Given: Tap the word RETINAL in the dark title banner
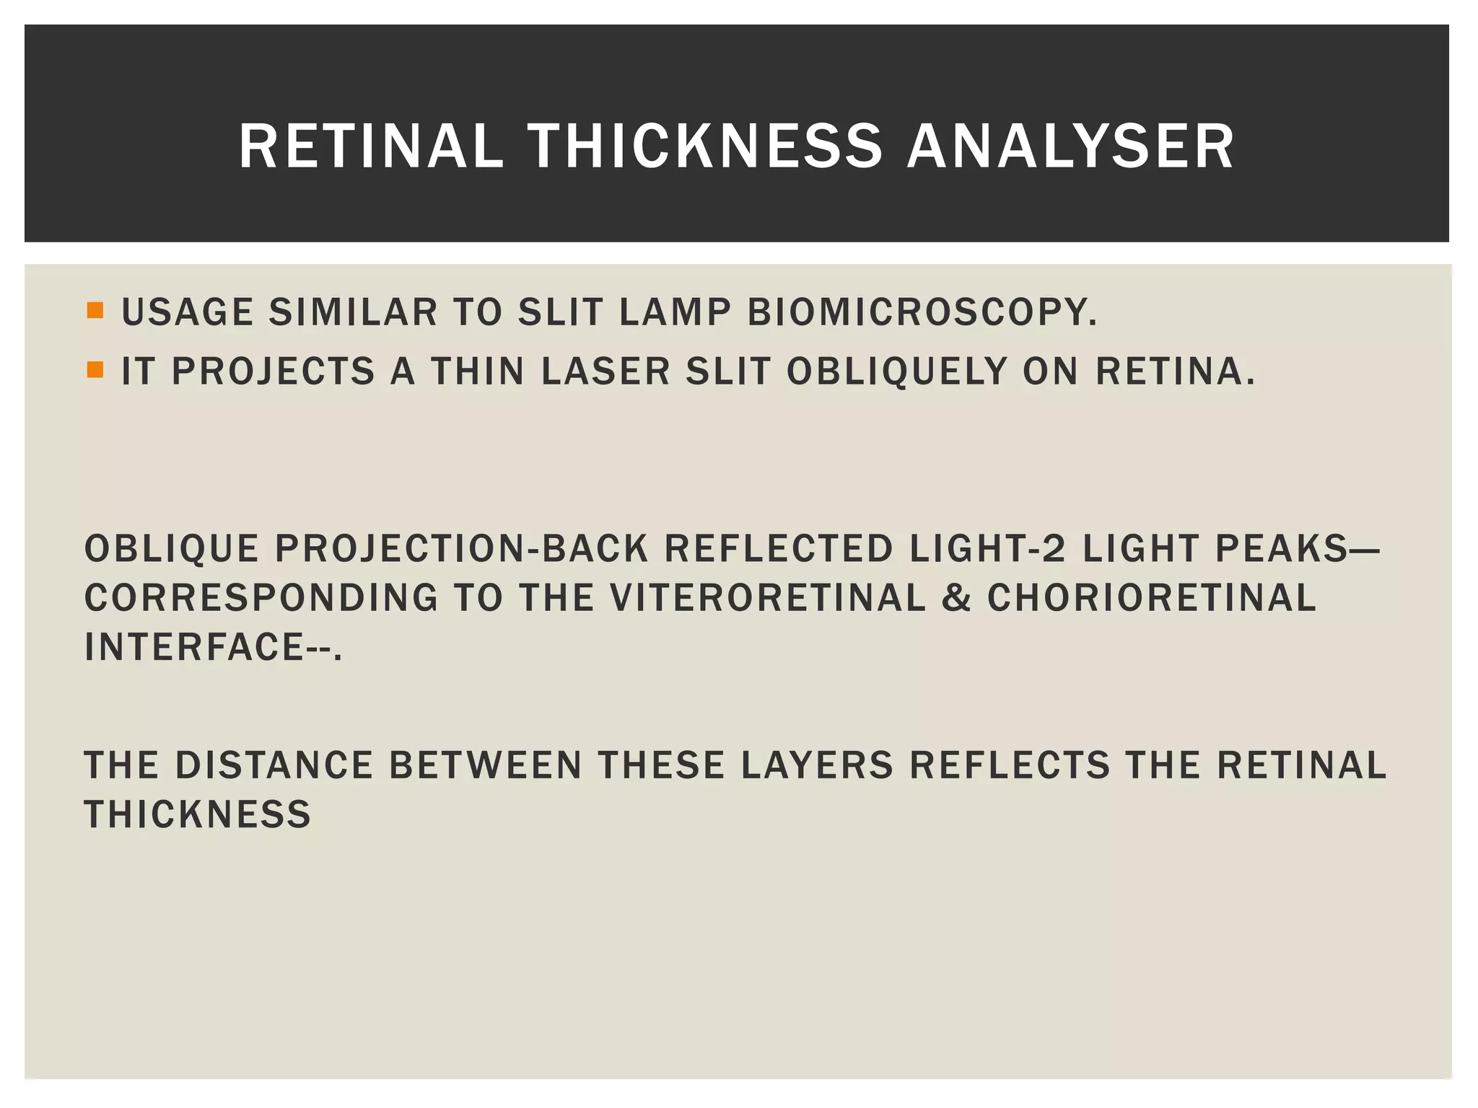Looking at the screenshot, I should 370,146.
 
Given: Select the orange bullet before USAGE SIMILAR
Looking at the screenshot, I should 95,312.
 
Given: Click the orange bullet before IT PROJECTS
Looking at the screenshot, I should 95,370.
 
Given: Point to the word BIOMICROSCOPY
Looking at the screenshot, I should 922,313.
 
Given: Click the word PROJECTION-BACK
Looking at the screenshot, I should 461,549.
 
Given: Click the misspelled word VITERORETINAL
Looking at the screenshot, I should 767,598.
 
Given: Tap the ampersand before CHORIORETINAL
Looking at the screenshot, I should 956,598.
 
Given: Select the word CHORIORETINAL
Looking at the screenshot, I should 1152,598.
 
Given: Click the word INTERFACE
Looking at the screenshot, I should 193,646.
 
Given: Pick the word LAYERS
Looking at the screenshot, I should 817,765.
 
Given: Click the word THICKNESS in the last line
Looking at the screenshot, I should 198,814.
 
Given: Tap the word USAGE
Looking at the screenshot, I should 187,313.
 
